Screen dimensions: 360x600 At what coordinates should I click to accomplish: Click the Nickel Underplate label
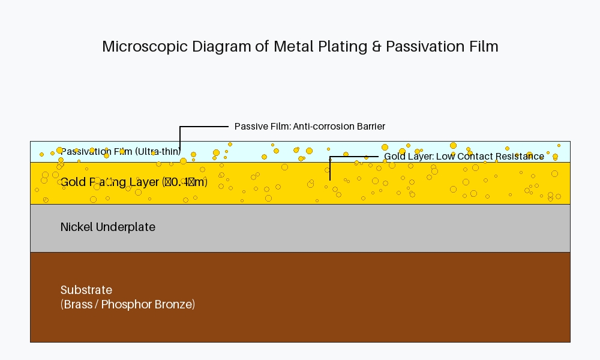pos(108,227)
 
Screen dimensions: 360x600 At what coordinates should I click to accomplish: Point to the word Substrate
pos(86,290)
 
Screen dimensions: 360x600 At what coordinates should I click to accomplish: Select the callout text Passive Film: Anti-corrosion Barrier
pos(310,127)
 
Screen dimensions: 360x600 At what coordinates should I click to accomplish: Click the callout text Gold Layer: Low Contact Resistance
pos(464,157)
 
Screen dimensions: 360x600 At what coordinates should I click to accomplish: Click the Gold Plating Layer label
pos(134,182)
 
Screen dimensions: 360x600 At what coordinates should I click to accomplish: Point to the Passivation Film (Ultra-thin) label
pos(121,151)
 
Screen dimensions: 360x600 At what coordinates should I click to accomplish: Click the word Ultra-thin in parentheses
pos(158,151)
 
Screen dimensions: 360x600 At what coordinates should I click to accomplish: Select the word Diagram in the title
pos(227,47)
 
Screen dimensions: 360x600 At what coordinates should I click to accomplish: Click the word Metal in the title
pos(296,47)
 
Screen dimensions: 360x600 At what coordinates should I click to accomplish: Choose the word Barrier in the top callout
pos(370,127)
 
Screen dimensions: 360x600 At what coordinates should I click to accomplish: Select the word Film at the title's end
pos(484,47)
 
